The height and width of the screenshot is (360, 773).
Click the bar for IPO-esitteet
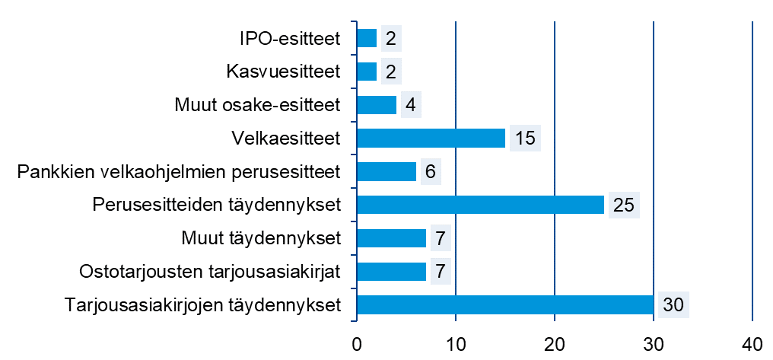367,38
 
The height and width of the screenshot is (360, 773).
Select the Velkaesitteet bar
431,138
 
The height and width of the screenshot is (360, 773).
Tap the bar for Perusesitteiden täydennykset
480,205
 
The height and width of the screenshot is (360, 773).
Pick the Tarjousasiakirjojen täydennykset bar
504,305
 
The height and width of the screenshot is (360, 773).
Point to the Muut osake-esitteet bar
377,105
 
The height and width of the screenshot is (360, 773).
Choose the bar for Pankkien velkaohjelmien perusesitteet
386,171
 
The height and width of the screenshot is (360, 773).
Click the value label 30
673,305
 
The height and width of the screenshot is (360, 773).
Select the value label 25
624,205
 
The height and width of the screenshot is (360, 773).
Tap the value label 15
525,139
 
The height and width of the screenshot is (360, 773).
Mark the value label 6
430,172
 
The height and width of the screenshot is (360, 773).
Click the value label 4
410,105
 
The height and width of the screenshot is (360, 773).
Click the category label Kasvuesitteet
283,72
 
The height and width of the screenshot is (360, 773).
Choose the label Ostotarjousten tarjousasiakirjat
209,272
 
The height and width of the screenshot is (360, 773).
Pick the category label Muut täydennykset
260,238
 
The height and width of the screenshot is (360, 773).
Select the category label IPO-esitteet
289,38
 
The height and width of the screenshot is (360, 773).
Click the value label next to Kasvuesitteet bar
390,72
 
